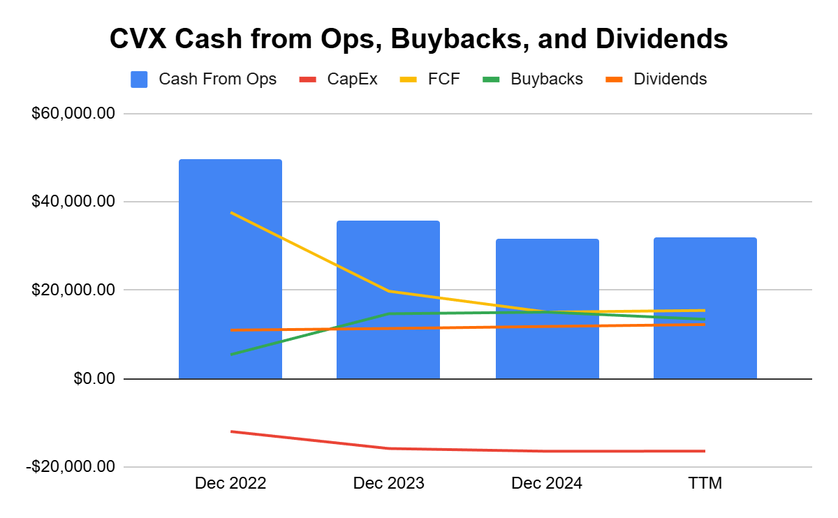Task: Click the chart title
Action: pos(418,39)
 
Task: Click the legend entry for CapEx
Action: pos(338,79)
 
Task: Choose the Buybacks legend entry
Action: pos(532,79)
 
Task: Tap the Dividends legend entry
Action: pos(655,79)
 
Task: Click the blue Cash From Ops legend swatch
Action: pos(139,79)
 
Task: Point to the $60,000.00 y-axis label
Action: pos(73,114)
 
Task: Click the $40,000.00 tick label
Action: pos(73,202)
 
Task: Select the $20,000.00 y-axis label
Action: pos(73,290)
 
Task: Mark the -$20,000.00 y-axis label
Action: pos(70,466)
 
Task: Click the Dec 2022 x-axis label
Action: pos(230,483)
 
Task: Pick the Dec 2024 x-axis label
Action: pos(547,483)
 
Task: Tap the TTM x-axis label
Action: pos(705,483)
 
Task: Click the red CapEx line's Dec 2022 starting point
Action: pos(231,431)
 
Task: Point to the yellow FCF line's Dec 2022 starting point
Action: pos(231,212)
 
